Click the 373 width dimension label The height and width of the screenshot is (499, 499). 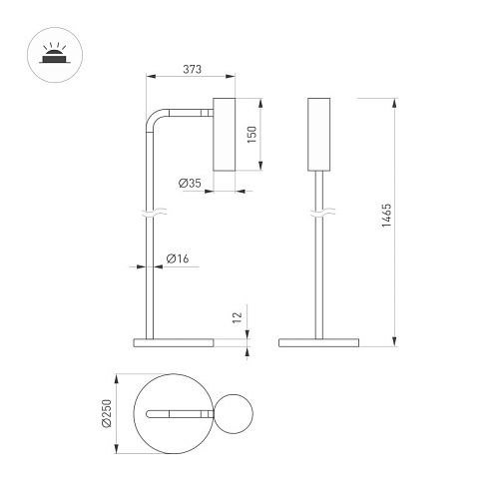(x=192, y=69)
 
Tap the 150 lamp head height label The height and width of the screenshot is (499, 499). (x=252, y=135)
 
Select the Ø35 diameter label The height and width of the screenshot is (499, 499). (x=190, y=183)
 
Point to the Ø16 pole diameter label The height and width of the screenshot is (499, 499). (x=178, y=258)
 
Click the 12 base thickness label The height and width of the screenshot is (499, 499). (x=237, y=317)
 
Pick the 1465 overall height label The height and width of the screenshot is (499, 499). (x=386, y=216)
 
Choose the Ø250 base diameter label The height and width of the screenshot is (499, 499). (x=107, y=413)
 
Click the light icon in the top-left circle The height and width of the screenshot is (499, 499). (x=55, y=53)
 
